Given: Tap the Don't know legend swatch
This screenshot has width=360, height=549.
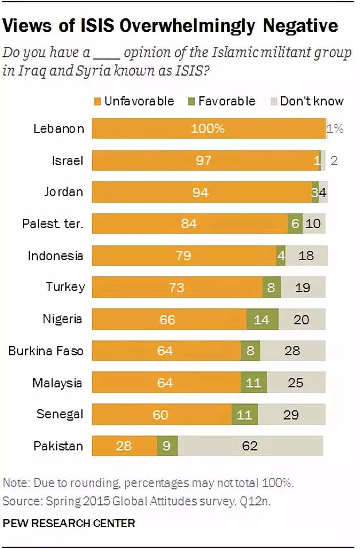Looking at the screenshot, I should [x=273, y=102].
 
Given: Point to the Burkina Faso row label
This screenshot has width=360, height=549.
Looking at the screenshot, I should [x=45, y=350].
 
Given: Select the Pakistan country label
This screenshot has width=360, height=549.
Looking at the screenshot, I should [x=59, y=445].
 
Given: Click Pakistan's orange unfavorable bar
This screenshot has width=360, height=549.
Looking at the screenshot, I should [x=124, y=445].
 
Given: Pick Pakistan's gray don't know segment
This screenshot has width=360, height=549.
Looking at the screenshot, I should [x=250, y=445].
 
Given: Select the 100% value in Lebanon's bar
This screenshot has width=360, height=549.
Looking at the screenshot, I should [x=208, y=128].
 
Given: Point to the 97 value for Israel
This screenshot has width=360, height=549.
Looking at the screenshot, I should [x=204, y=160].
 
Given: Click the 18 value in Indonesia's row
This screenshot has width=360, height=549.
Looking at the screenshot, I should [x=306, y=255].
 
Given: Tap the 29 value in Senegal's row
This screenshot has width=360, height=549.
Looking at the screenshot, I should [x=291, y=414].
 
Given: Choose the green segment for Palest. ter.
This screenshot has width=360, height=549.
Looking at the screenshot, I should [x=295, y=223].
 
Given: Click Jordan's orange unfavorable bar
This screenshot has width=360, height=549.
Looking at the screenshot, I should [x=201, y=192].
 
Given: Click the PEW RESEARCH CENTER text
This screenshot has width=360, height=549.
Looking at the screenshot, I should [x=69, y=523].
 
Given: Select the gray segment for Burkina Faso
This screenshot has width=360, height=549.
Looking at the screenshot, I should [x=292, y=350].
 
